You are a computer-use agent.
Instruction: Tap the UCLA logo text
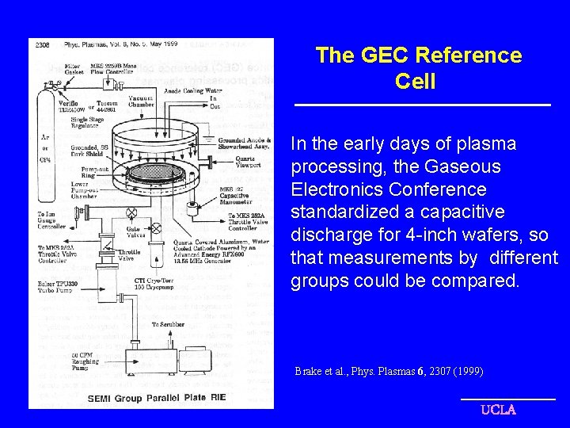click(x=499, y=410)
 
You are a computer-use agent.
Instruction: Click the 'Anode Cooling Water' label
click(x=192, y=90)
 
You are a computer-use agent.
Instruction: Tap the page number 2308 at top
click(x=43, y=45)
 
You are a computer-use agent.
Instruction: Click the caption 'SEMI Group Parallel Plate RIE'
click(x=156, y=398)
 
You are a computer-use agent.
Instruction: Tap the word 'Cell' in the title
click(x=415, y=82)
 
